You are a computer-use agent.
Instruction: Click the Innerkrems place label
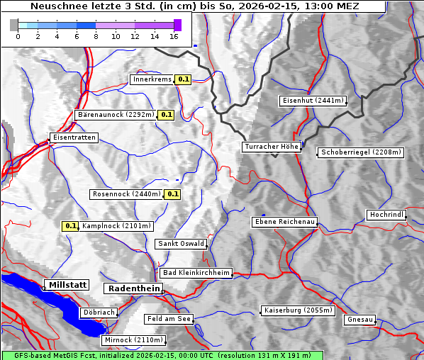(x=152, y=79)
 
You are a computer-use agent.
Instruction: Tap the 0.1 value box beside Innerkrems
(x=184, y=79)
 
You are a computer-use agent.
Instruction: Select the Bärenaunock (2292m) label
(x=115, y=114)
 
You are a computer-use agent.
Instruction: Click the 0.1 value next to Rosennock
(x=172, y=193)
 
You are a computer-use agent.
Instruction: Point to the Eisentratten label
(x=73, y=137)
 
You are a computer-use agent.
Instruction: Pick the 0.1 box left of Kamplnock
(x=70, y=226)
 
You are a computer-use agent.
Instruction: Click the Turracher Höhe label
(x=272, y=147)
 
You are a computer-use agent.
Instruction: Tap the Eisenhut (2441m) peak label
(x=313, y=101)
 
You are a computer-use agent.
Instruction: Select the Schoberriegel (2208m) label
(x=361, y=152)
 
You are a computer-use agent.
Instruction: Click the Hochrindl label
(x=387, y=214)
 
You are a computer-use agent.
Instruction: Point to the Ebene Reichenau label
(x=284, y=222)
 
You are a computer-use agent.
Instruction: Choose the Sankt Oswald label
(x=180, y=244)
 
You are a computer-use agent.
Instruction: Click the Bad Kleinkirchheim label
(x=196, y=272)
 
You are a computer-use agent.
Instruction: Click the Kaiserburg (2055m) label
(x=297, y=310)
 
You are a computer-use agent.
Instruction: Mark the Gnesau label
(x=360, y=320)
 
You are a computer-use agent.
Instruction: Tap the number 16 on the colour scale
(x=174, y=35)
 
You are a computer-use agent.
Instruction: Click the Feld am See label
(x=169, y=319)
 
